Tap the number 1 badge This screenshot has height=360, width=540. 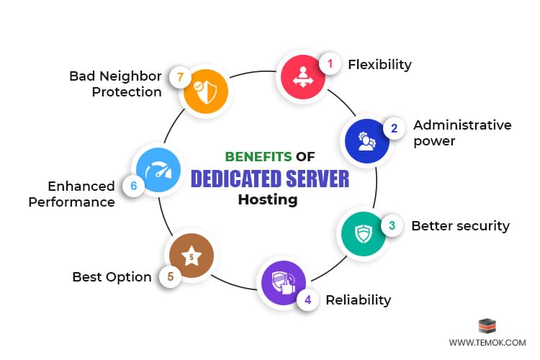(330, 63)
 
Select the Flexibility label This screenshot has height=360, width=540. (379, 65)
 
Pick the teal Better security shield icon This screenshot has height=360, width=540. (362, 234)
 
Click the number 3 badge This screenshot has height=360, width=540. (391, 225)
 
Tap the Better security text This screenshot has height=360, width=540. (460, 226)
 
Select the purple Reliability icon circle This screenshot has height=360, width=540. (282, 284)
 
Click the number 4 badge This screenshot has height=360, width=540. (308, 299)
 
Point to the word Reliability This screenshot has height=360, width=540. (359, 300)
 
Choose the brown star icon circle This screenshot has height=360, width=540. (191, 257)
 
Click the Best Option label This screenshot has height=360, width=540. (112, 277)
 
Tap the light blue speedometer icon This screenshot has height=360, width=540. (156, 171)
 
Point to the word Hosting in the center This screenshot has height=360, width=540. (268, 200)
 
